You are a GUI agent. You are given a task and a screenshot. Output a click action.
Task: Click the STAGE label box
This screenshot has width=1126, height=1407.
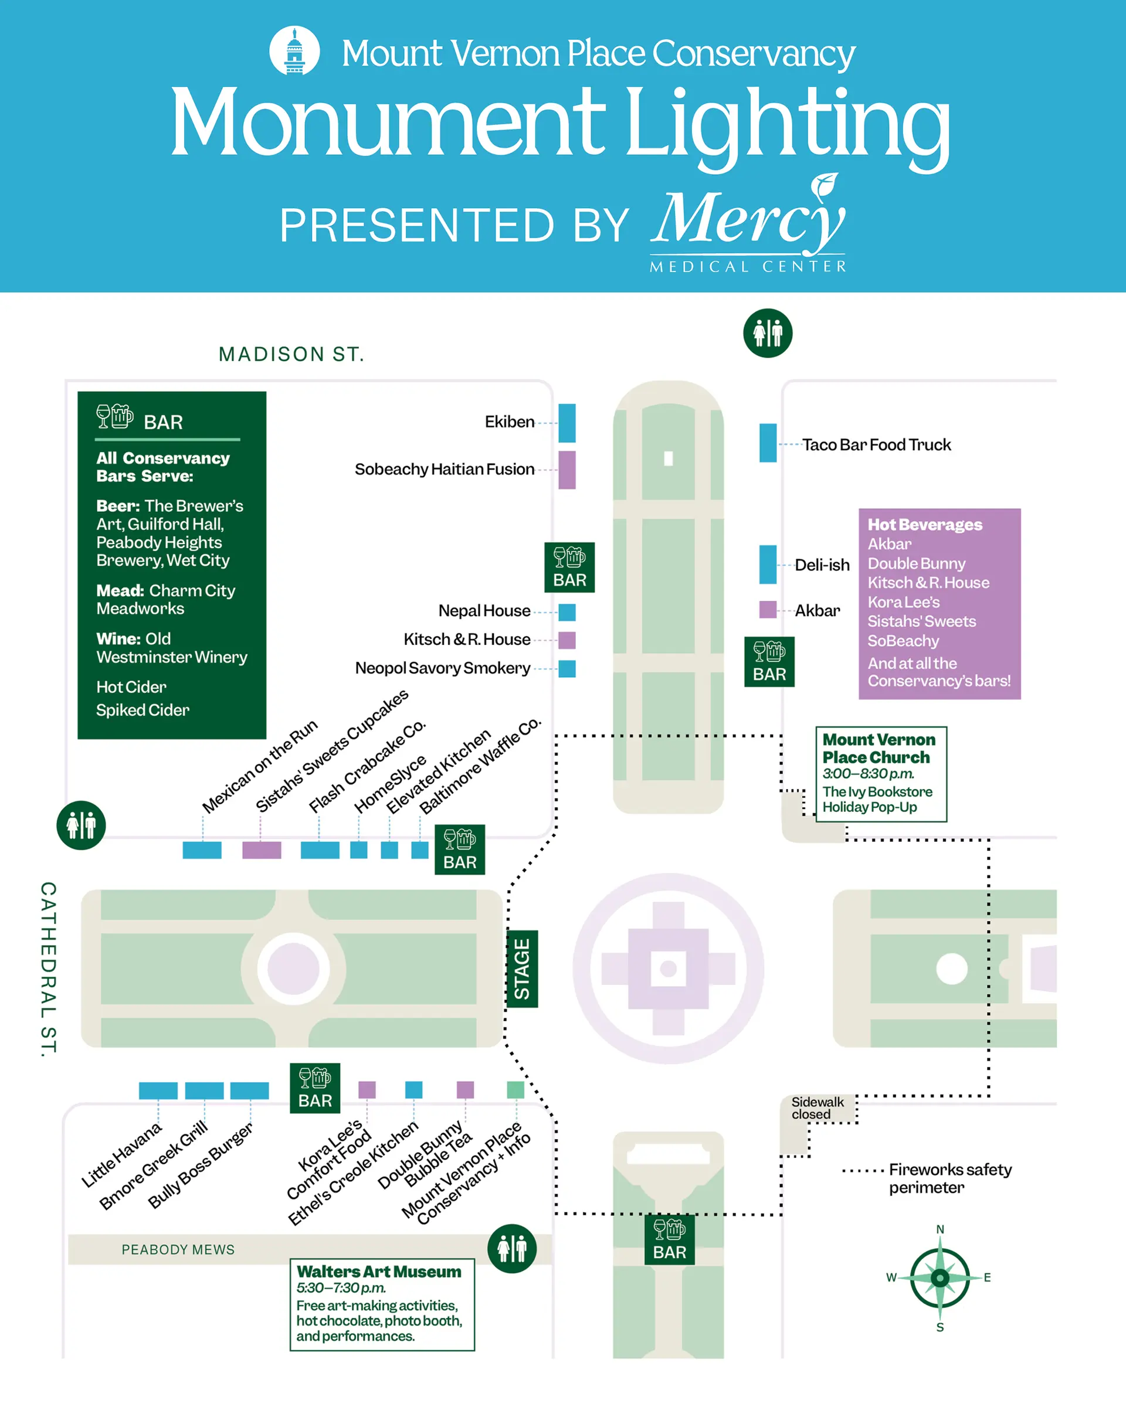[522, 968]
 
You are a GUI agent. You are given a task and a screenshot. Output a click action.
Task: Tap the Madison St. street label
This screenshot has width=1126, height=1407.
[291, 354]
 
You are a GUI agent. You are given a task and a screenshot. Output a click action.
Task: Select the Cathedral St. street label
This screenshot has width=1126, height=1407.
[48, 968]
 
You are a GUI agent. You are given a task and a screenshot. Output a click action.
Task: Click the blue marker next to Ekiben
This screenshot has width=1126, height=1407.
[567, 423]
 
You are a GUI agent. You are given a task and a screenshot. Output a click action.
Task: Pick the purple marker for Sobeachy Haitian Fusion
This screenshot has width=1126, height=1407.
[567, 470]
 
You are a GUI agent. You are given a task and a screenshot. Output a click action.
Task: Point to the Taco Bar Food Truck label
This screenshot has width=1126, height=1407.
[876, 445]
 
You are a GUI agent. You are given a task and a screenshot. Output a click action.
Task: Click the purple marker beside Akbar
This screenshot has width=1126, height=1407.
[768, 610]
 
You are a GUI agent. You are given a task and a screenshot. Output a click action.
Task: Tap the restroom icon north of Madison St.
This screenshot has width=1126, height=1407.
[768, 333]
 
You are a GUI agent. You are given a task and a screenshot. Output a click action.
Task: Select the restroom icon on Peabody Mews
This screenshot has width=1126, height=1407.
[512, 1248]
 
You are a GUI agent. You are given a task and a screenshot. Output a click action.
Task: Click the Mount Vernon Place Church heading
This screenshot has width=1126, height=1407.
[879, 749]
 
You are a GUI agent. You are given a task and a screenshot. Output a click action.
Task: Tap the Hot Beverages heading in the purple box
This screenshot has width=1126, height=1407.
[924, 525]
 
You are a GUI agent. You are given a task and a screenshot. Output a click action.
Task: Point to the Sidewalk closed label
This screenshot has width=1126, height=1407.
[818, 1108]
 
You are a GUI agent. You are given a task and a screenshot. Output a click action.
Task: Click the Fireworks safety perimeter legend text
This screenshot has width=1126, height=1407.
[949, 1178]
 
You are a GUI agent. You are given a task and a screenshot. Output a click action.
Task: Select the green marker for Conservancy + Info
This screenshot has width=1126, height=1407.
[515, 1089]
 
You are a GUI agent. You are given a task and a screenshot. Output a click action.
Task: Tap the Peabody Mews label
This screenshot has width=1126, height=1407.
[178, 1249]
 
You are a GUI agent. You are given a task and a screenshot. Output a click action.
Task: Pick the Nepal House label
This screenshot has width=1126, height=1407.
[484, 611]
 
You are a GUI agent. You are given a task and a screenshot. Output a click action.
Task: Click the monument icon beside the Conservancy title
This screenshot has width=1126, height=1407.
[294, 51]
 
